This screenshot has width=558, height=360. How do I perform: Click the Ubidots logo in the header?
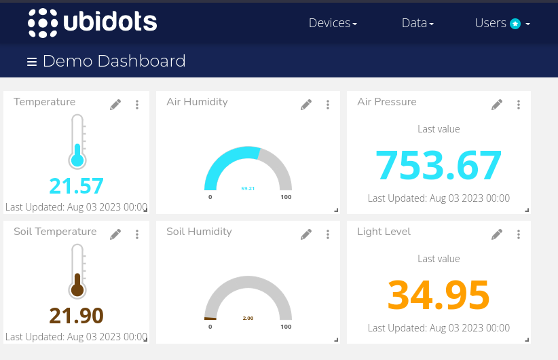click(x=92, y=22)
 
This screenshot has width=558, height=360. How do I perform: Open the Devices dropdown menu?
click(x=332, y=23)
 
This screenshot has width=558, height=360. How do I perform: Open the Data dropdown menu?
click(x=417, y=23)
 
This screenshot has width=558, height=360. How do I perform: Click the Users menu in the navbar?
click(x=502, y=23)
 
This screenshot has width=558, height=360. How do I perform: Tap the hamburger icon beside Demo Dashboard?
click(x=32, y=62)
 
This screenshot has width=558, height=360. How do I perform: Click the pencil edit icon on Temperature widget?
click(x=115, y=105)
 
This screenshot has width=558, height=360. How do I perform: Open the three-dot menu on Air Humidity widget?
click(x=328, y=105)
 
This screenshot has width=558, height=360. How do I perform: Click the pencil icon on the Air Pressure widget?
click(x=497, y=105)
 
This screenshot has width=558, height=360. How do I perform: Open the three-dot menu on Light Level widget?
click(x=519, y=234)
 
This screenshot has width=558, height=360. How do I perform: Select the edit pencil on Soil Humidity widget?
click(x=306, y=234)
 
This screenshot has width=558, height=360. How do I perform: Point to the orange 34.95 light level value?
click(x=439, y=294)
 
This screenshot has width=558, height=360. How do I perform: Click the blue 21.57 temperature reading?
click(x=76, y=186)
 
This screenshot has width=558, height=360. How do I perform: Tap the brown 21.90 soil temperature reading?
click(x=76, y=316)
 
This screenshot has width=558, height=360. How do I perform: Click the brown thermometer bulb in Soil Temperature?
click(x=77, y=290)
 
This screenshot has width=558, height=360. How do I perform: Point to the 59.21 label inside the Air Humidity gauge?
click(x=248, y=188)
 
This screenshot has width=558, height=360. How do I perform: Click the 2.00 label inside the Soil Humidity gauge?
click(x=248, y=318)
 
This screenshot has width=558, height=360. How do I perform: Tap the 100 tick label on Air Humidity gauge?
click(x=286, y=197)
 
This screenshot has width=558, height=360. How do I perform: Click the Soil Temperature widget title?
click(x=55, y=232)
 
